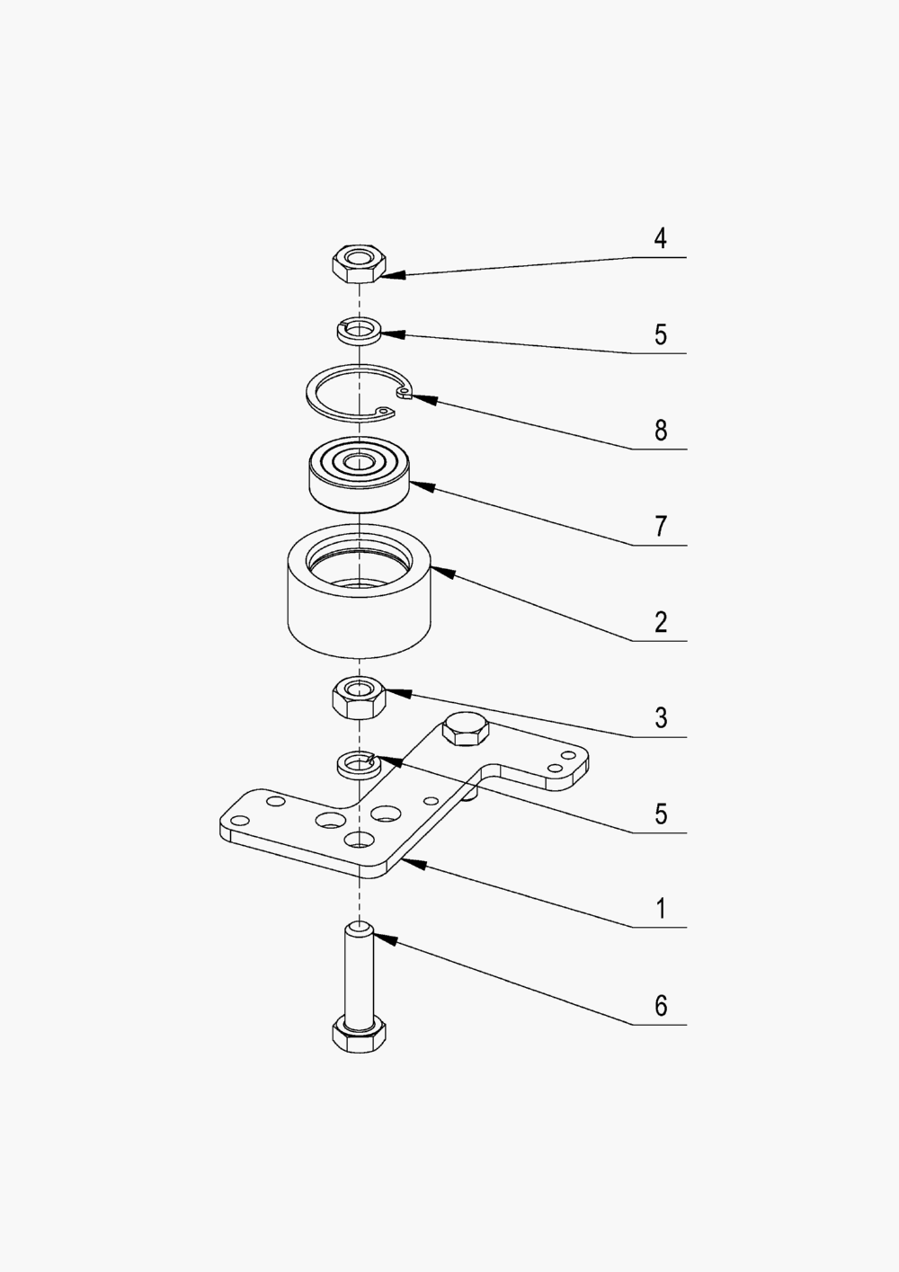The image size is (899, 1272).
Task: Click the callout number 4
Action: [x=661, y=239]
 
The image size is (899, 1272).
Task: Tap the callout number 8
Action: [x=661, y=431]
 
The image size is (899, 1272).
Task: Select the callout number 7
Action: [x=661, y=526]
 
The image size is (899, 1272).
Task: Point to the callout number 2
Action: [x=661, y=622]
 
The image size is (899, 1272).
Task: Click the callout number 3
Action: [x=661, y=718]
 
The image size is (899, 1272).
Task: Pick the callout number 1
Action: [x=661, y=909]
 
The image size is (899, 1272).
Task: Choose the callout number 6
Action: [x=661, y=1005]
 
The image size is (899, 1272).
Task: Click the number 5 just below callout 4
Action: [x=661, y=335]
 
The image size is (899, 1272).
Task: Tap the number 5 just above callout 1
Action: [x=661, y=814]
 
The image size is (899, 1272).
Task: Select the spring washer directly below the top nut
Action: [x=359, y=330]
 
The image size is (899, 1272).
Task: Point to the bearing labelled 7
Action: [x=359, y=474]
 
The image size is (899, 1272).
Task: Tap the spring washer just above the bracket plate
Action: [x=357, y=765]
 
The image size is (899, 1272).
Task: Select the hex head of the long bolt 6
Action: [x=360, y=1036]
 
